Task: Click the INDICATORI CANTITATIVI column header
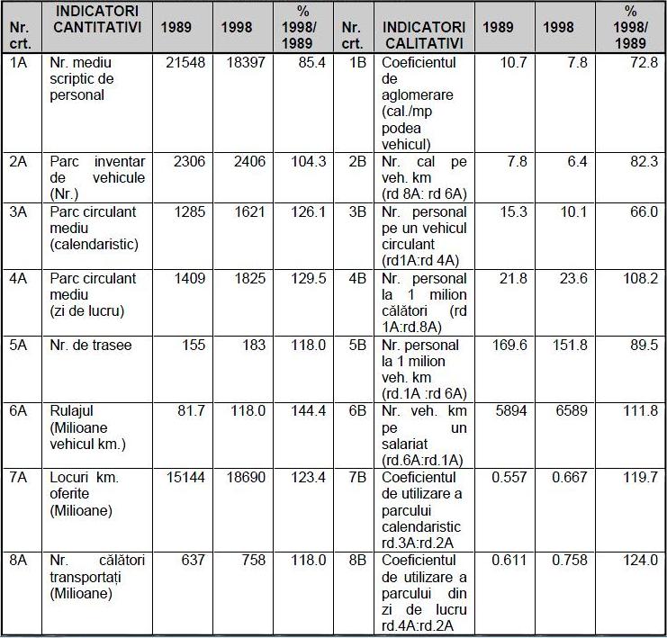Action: (97, 19)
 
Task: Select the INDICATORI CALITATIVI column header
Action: (424, 35)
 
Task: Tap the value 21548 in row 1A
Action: (185, 62)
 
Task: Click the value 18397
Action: (246, 62)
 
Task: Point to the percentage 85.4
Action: (311, 62)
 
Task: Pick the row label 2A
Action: (18, 162)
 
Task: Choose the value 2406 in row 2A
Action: (249, 162)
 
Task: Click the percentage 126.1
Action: (309, 211)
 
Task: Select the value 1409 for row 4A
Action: (190, 279)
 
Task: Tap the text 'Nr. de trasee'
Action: (91, 345)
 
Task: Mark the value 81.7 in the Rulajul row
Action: (192, 411)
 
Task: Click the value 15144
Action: (185, 477)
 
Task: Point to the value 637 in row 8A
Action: (194, 561)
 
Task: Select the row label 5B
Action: (357, 345)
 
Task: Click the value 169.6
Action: (509, 345)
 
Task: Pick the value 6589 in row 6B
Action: (572, 411)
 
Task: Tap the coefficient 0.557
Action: (509, 477)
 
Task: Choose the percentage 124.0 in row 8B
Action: (641, 561)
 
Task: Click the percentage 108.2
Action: (641, 279)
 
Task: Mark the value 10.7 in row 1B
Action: (513, 62)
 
